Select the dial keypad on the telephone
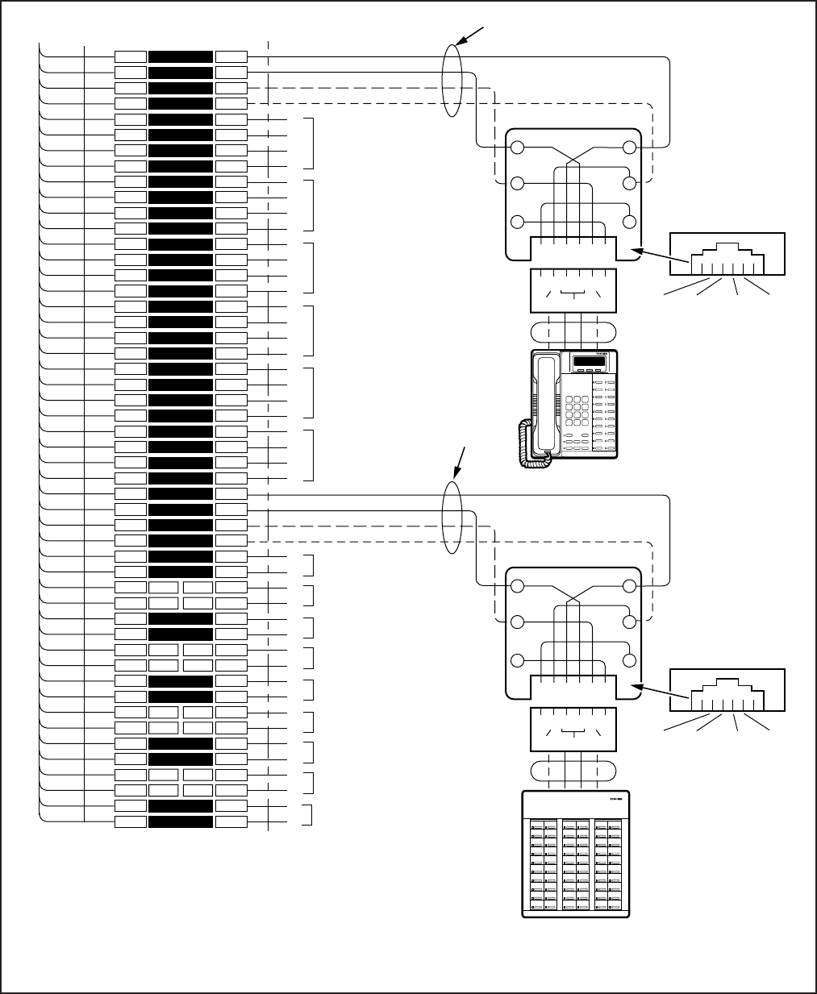(x=576, y=411)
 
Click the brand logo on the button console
(x=617, y=801)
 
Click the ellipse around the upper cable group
(x=453, y=81)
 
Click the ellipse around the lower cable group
(x=452, y=518)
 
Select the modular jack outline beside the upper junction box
(x=728, y=255)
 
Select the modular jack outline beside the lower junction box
(x=728, y=690)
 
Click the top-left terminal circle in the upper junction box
(x=518, y=148)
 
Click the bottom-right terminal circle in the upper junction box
(x=630, y=222)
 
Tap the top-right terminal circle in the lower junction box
(x=630, y=585)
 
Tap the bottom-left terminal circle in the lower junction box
(x=518, y=659)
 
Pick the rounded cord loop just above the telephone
(x=573, y=332)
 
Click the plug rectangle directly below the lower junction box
(x=573, y=729)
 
